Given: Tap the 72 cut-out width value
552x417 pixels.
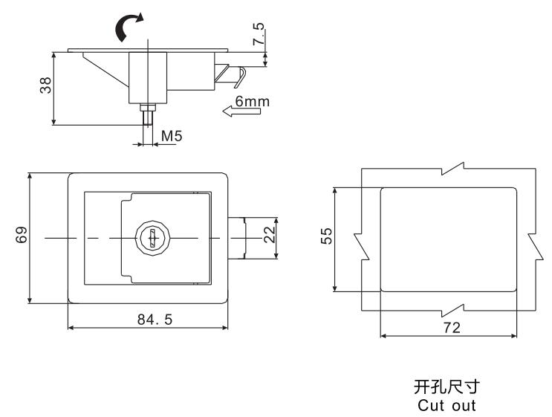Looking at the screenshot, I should [x=450, y=328].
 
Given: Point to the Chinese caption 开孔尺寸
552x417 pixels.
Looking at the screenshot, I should [x=444, y=388].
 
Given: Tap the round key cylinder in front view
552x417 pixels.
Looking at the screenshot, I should [x=149, y=237].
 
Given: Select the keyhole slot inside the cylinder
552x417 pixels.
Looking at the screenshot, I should [x=149, y=238].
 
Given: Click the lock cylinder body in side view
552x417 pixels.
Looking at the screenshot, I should [x=149, y=78].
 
